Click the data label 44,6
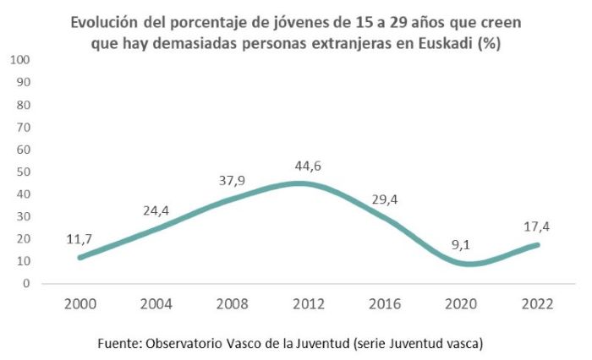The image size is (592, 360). pos(307,166)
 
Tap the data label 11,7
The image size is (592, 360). pos(79,240)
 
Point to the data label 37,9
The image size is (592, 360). pos(231,182)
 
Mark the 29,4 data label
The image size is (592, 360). pos(384,200)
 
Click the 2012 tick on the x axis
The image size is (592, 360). pos(307,303)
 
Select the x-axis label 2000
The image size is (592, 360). pos(79,303)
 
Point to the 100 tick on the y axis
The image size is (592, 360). pos(20,60)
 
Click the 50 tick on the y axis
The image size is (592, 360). pos(24,172)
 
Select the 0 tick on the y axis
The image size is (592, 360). pos(27,283)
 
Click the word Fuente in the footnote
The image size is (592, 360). pos(118,342)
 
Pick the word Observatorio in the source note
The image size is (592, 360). pos(186,342)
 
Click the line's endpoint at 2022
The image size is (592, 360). pos(536,245)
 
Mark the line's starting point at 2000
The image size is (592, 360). pos(79,257)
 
